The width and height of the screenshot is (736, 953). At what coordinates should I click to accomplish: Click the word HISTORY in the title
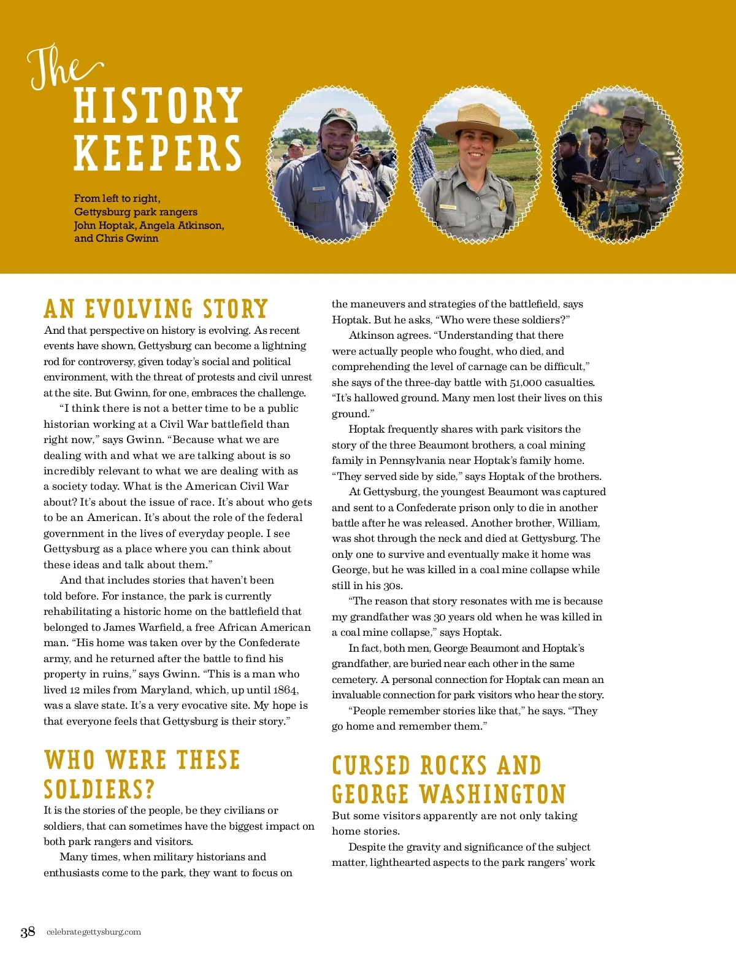[158, 106]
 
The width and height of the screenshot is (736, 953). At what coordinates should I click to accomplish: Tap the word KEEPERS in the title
[158, 153]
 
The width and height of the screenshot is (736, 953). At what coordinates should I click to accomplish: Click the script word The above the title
[61, 68]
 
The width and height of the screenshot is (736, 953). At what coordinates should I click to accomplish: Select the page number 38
[28, 932]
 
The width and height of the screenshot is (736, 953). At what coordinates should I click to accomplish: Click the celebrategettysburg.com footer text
[94, 932]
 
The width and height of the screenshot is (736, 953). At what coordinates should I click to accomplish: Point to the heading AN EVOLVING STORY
[156, 309]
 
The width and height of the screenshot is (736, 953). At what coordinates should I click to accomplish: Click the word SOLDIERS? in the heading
[99, 789]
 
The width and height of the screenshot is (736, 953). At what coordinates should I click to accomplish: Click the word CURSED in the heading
[371, 765]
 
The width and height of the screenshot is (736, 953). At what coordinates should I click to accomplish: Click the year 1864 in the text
[285, 690]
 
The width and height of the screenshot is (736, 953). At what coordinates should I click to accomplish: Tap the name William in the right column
[578, 523]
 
